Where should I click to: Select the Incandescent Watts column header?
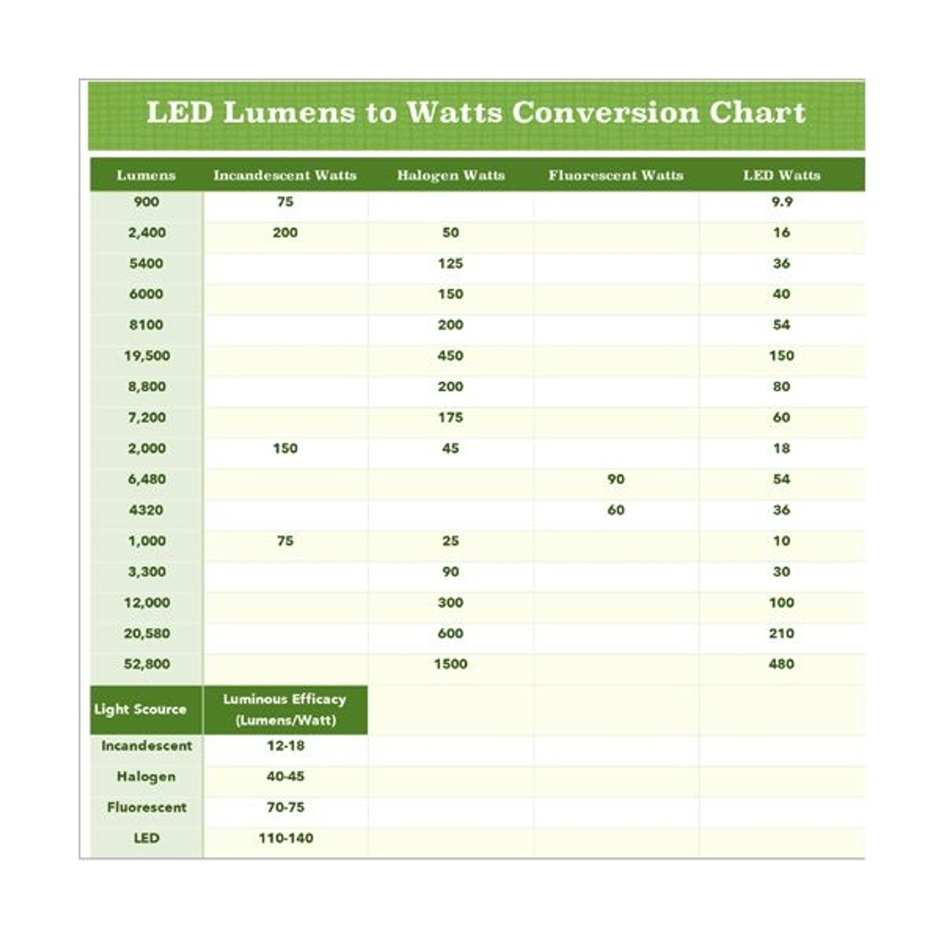[x=285, y=175]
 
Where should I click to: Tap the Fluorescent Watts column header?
[x=616, y=175]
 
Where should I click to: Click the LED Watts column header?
[x=782, y=175]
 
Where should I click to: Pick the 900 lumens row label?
[x=146, y=202]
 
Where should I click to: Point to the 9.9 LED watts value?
[x=782, y=202]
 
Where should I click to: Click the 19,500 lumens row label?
[x=147, y=356]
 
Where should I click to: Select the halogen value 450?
[x=450, y=356]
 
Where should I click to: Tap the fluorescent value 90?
[x=616, y=479]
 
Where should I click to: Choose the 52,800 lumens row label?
[x=147, y=664]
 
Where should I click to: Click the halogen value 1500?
[x=451, y=664]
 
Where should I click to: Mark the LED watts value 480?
[x=782, y=664]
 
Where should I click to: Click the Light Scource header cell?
[x=140, y=710]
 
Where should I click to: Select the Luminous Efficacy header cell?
[x=285, y=710]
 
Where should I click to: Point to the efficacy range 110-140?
[x=286, y=838]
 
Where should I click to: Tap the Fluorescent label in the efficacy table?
[x=147, y=807]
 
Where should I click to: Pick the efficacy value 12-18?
[x=286, y=746]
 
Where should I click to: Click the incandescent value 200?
[x=285, y=232]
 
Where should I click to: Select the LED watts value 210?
[x=782, y=633]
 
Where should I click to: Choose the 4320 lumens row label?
[x=146, y=510]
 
